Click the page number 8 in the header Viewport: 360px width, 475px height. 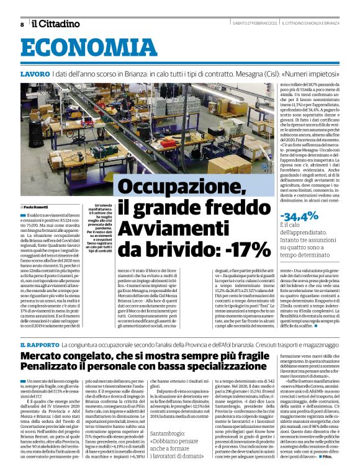pyautogui.click(x=22, y=25)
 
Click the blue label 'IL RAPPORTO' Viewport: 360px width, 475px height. pyautogui.click(x=38, y=344)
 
